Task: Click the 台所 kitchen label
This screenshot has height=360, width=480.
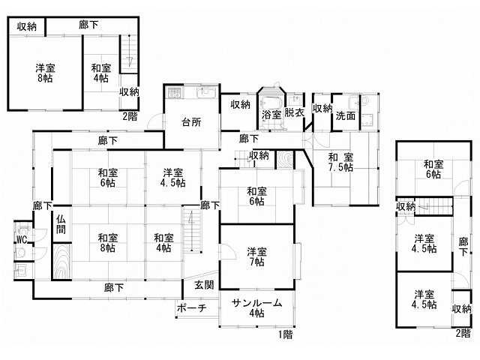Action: click(x=191, y=122)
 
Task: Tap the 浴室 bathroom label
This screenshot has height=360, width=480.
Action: click(x=271, y=115)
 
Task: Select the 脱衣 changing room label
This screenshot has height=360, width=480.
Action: click(x=294, y=112)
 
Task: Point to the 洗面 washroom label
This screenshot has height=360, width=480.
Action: click(x=346, y=115)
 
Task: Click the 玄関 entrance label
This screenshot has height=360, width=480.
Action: click(x=204, y=285)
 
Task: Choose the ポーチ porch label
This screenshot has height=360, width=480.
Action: click(x=192, y=307)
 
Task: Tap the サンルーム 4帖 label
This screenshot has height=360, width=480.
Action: click(x=256, y=308)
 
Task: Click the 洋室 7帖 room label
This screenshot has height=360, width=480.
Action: click(x=256, y=256)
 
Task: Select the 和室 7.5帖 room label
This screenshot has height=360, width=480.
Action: click(x=340, y=162)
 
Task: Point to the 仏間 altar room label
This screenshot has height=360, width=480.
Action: click(x=61, y=224)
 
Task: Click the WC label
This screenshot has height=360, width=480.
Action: click(x=22, y=240)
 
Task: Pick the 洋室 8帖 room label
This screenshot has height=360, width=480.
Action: click(x=45, y=73)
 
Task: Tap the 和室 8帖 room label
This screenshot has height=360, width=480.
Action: click(x=108, y=242)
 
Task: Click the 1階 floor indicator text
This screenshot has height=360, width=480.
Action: click(x=285, y=334)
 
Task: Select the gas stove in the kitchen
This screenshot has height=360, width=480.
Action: click(x=174, y=93)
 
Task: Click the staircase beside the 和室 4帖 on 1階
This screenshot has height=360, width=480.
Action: click(x=192, y=229)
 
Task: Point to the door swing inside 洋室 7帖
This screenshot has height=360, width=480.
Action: click(x=228, y=252)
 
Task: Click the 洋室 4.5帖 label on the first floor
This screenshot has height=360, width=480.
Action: click(x=173, y=178)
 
